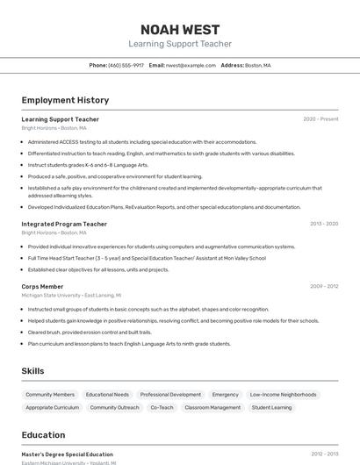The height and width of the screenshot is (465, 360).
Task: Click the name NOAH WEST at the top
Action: tap(180, 30)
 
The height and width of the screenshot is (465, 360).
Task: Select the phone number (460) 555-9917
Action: tap(126, 65)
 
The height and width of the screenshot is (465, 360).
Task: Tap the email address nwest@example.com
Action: tap(191, 65)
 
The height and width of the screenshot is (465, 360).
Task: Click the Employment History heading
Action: tap(65, 100)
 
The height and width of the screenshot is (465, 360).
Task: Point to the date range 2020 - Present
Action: tap(320, 119)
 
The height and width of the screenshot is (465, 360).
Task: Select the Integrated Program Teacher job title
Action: tap(64, 224)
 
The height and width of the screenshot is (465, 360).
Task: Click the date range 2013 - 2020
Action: tap(323, 224)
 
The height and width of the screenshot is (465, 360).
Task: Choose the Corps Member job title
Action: tap(42, 286)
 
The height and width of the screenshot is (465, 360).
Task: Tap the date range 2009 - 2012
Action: tap(323, 286)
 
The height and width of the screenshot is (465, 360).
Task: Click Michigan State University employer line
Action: tap(71, 296)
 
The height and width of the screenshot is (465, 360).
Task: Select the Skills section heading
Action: tap(32, 371)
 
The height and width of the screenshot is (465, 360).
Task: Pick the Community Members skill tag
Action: tap(50, 395)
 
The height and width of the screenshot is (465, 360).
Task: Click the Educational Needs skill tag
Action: tap(107, 395)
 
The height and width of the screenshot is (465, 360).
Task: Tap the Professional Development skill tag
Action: tap(170, 395)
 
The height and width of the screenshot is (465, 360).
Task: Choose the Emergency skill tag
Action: tap(225, 395)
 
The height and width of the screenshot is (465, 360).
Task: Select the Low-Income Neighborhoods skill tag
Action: tap(283, 395)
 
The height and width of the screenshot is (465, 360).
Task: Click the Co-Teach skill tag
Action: tap(162, 408)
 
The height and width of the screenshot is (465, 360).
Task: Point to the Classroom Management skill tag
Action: tap(212, 408)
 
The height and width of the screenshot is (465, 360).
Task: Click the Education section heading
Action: tap(43, 435)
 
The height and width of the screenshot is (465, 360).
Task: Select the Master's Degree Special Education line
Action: tap(67, 454)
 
